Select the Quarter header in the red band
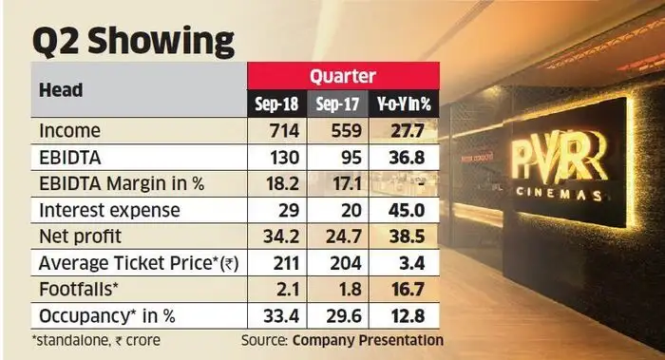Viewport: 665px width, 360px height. [343, 77]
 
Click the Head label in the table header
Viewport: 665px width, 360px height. [59, 89]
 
